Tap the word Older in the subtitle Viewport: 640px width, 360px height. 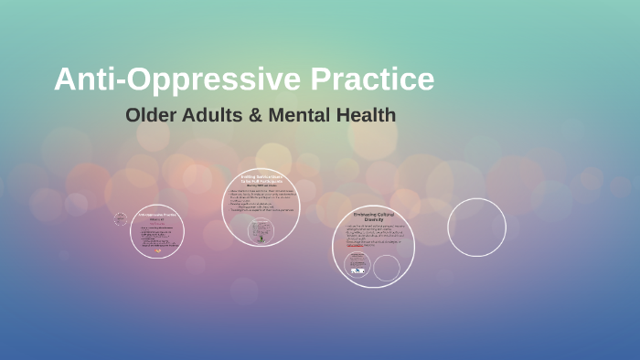(150, 116)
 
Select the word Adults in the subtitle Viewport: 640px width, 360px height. (210, 116)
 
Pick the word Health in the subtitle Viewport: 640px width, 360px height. (364, 116)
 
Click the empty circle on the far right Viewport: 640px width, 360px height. (476, 228)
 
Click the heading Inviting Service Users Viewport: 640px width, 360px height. (261, 178)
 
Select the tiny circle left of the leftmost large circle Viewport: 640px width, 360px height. (120, 219)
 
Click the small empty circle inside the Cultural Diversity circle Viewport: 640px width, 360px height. (386, 268)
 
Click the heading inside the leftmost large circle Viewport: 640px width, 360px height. (156, 216)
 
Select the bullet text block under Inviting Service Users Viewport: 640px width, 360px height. (261, 201)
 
